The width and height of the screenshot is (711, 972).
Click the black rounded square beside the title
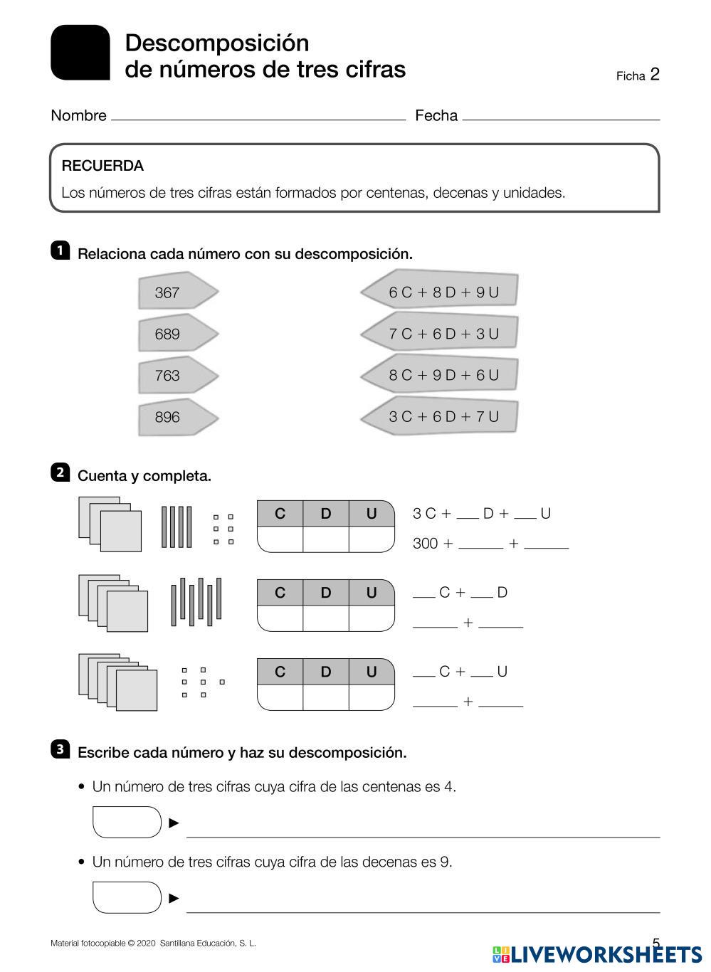(x=80, y=53)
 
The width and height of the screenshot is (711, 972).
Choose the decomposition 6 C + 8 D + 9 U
(x=441, y=292)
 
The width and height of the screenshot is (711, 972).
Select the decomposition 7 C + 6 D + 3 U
(x=441, y=333)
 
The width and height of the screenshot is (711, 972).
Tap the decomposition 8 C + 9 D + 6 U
(x=441, y=374)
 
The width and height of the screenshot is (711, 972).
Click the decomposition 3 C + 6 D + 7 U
(x=441, y=416)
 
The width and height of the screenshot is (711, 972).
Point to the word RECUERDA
(x=102, y=166)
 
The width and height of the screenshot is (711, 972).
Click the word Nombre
(x=78, y=115)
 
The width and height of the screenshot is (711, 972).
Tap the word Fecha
(x=436, y=115)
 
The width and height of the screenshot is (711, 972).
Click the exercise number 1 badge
(x=60, y=250)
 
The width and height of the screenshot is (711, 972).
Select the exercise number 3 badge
(x=60, y=749)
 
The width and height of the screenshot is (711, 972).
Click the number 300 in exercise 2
(x=425, y=544)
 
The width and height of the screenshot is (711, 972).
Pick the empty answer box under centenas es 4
(x=127, y=823)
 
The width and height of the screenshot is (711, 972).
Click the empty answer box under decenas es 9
(x=127, y=897)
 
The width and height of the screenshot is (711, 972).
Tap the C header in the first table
(x=280, y=514)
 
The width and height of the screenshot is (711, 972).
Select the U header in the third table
(x=372, y=672)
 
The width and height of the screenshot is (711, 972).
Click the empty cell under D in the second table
(x=325, y=618)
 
